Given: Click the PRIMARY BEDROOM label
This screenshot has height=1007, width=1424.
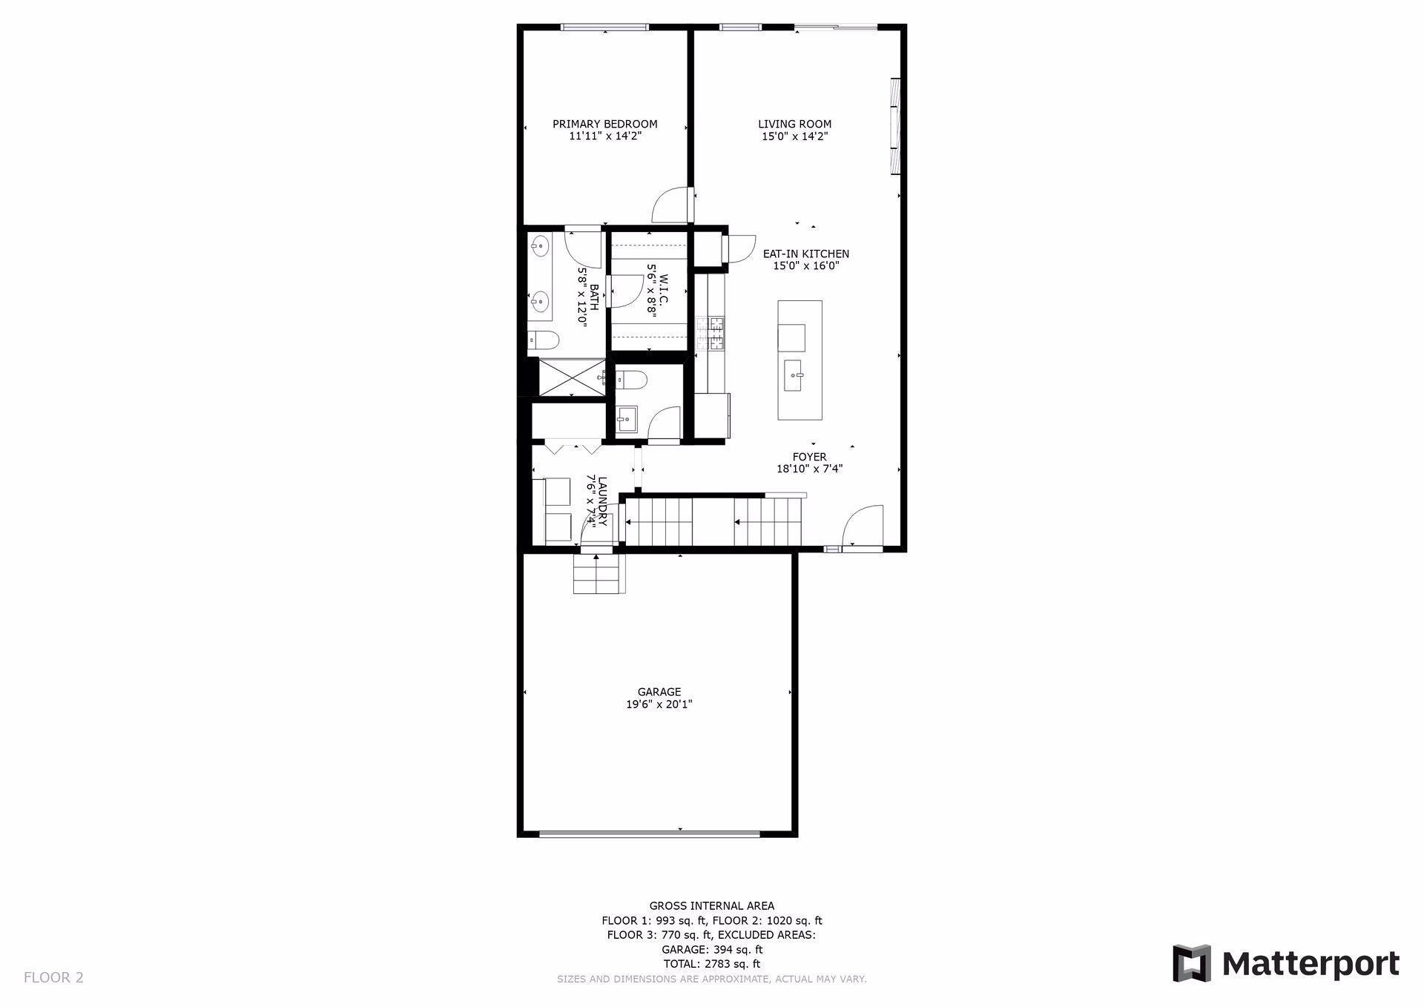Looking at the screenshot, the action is [x=604, y=124].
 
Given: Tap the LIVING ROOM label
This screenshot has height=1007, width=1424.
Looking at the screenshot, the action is [x=794, y=124].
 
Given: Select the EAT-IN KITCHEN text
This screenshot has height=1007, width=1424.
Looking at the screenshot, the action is [x=806, y=254].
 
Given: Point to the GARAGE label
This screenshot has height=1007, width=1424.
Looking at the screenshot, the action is [x=659, y=692].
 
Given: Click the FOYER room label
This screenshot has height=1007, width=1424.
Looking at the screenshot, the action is [x=809, y=457].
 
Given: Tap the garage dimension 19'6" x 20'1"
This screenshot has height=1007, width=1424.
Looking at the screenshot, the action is [x=659, y=704].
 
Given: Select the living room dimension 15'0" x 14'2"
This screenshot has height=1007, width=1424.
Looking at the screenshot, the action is [x=794, y=136].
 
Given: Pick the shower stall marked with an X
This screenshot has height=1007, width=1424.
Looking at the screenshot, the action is [x=571, y=377].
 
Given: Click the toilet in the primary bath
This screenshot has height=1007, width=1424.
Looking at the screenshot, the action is [x=544, y=340].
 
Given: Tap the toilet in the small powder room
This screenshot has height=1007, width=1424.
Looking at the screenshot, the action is [x=631, y=380].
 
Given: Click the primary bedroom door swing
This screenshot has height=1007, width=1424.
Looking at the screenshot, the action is [x=671, y=204].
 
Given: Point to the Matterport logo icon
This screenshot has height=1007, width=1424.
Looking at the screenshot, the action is [x=1192, y=963].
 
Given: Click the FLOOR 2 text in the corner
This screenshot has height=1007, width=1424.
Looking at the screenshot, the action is [x=53, y=977].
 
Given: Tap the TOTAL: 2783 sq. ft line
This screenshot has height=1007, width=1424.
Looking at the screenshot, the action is [x=711, y=964].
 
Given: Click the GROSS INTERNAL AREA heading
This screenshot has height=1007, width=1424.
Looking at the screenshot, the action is [x=711, y=905].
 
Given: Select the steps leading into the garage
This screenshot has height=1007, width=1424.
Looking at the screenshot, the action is [x=598, y=574].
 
